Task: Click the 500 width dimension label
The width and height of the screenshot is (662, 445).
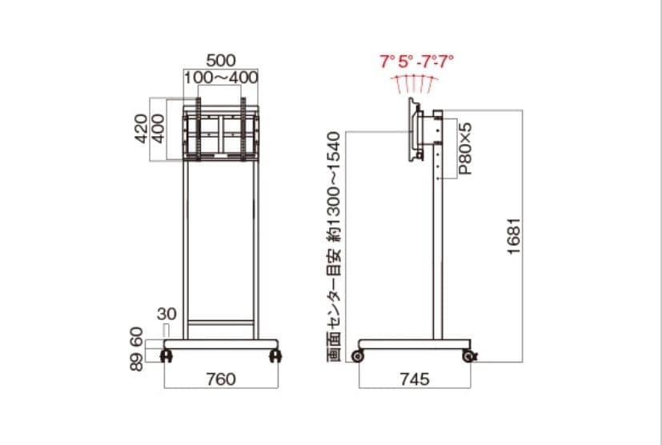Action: [221, 60]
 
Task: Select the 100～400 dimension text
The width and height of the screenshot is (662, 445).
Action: [221, 78]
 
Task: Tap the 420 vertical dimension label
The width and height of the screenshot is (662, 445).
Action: [141, 129]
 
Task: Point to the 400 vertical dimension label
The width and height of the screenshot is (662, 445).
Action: [158, 129]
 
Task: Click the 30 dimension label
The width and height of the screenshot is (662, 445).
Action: [167, 314]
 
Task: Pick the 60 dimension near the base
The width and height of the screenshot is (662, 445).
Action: [137, 336]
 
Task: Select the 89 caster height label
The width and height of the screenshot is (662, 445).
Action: [137, 362]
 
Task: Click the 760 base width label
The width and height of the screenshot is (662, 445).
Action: [221, 379]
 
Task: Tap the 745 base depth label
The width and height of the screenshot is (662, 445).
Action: [415, 379]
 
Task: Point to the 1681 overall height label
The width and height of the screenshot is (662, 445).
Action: [513, 236]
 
